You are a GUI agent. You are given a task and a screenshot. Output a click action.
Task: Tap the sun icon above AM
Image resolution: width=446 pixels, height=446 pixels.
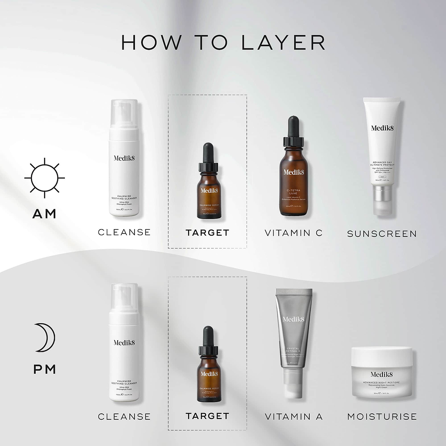pyautogui.click(x=44, y=178)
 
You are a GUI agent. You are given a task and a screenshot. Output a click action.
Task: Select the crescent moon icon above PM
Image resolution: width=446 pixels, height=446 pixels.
pyautogui.click(x=44, y=337)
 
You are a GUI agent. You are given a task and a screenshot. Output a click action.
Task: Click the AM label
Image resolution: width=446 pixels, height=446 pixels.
pyautogui.click(x=44, y=214)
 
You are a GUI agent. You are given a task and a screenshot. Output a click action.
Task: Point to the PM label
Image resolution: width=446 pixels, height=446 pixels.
pyautogui.click(x=44, y=369)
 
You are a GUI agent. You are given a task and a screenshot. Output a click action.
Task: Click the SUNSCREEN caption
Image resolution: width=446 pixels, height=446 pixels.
pyautogui.click(x=382, y=234)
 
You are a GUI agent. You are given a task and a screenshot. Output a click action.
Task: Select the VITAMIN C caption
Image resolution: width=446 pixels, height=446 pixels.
pyautogui.click(x=294, y=233)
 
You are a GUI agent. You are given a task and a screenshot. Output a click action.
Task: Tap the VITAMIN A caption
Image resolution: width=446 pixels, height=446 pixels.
pyautogui.click(x=294, y=417)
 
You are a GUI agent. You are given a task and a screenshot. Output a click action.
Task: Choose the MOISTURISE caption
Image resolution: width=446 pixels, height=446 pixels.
pyautogui.click(x=382, y=417)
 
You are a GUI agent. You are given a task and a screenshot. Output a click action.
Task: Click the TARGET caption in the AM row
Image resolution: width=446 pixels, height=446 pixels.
pyautogui.click(x=207, y=233)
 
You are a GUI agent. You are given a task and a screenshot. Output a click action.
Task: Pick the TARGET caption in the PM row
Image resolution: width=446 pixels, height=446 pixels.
pyautogui.click(x=207, y=416)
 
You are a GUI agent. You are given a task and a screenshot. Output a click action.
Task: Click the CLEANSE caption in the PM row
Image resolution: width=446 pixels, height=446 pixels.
pyautogui.click(x=124, y=417)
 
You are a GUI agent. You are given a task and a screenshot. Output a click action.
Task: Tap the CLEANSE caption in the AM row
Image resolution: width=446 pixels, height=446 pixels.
pyautogui.click(x=124, y=233)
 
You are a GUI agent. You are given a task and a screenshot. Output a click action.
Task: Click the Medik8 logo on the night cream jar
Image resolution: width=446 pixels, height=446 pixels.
pyautogui.click(x=382, y=375)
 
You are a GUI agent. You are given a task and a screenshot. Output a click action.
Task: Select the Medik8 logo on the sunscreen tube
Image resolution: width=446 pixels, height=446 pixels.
pyautogui.click(x=382, y=128)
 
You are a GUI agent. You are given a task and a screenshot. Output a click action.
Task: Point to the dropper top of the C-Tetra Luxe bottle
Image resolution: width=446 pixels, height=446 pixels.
pyautogui.click(x=293, y=128)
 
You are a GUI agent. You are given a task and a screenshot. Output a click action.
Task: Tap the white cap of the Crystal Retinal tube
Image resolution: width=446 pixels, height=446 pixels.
pyautogui.click(x=294, y=383)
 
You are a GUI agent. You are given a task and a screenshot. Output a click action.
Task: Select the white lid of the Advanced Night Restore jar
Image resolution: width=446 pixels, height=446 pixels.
pyautogui.click(x=382, y=356)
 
